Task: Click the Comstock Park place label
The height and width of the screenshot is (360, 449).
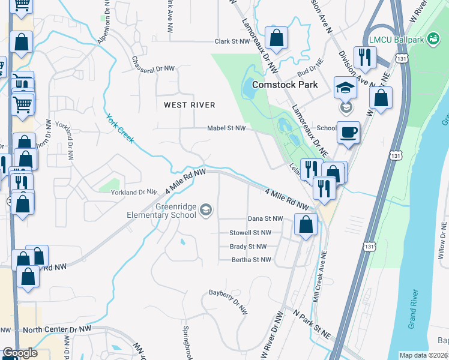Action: click(285, 85)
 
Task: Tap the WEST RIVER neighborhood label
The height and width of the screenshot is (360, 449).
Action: click(189, 105)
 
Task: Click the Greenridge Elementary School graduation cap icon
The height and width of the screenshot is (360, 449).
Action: click(206, 209)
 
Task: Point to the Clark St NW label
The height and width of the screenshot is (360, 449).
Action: click(232, 42)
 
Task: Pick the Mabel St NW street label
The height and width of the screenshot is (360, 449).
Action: click(226, 128)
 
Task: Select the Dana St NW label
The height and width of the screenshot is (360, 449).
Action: click(265, 219)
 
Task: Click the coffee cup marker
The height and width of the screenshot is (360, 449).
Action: click(348, 132)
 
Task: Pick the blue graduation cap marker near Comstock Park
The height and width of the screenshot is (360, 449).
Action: click(346, 88)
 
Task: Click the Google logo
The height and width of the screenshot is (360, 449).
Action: click(19, 353)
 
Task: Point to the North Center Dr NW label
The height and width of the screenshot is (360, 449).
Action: click(58, 329)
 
